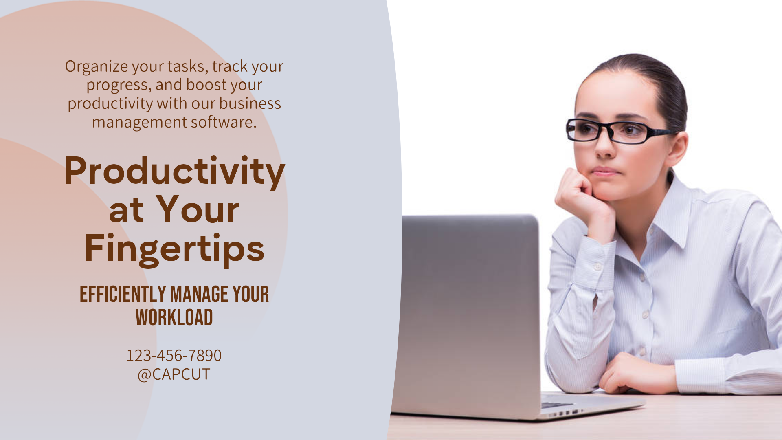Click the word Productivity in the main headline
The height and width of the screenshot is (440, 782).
(174, 171)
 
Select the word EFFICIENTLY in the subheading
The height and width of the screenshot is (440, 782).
(123, 294)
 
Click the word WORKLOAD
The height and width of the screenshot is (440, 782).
(174, 317)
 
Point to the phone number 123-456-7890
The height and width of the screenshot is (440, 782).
(174, 355)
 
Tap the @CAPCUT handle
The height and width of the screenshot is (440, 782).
(174, 374)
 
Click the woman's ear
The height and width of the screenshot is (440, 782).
(677, 147)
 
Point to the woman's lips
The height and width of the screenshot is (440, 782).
(606, 171)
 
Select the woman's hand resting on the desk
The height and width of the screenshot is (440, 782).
(635, 373)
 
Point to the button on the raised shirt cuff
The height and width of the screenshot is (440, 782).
(597, 266)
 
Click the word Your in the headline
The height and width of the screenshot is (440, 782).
(198, 210)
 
